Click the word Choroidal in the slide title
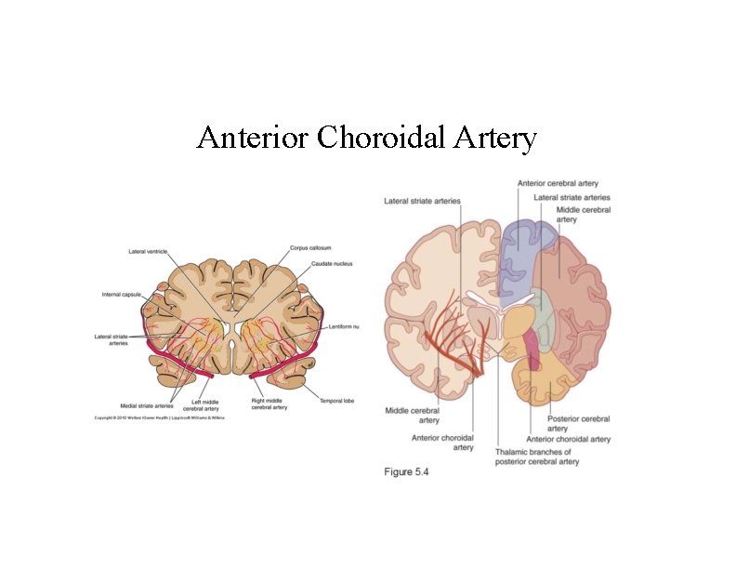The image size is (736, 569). (382, 139)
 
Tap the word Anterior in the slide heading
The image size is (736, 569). (253, 139)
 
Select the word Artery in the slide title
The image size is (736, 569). (496, 139)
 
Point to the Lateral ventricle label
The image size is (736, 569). (148, 252)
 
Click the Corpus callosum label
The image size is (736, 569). (310, 248)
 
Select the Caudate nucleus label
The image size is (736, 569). (332, 264)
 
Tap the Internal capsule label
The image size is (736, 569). (121, 295)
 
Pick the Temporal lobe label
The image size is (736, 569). (339, 400)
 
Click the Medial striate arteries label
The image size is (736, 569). (147, 405)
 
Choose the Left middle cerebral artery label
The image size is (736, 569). (202, 405)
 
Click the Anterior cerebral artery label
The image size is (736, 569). (558, 183)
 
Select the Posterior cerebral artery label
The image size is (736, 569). (578, 423)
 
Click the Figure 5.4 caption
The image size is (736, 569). (407, 472)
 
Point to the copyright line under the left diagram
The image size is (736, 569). (160, 418)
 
